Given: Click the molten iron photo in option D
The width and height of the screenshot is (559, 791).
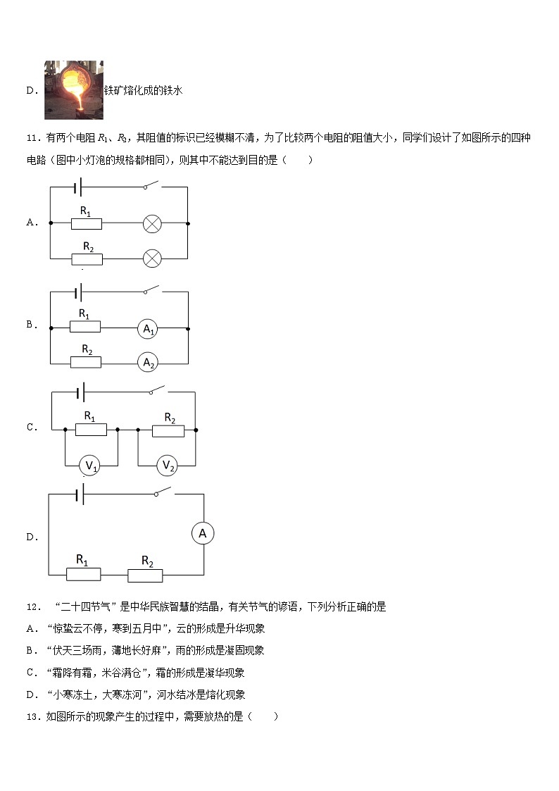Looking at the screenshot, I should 74,89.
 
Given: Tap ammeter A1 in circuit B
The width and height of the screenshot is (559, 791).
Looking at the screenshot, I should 147,328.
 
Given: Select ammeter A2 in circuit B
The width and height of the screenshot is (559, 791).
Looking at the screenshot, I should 147,362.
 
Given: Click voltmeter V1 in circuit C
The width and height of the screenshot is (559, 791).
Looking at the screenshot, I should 90,466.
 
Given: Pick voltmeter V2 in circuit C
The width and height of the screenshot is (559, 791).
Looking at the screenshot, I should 168,465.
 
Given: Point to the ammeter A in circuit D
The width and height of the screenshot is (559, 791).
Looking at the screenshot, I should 203,534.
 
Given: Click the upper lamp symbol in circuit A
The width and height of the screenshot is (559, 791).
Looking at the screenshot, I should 152,224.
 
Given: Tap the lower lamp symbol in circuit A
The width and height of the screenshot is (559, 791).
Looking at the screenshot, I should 152,259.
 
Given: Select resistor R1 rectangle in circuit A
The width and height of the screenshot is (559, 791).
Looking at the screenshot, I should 87,224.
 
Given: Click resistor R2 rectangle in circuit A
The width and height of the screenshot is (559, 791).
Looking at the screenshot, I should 87,259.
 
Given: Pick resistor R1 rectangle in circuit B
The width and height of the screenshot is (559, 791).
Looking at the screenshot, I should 85,327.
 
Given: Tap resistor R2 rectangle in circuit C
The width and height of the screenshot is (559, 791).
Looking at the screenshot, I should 168,430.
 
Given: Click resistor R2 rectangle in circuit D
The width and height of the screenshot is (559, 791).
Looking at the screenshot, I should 145,575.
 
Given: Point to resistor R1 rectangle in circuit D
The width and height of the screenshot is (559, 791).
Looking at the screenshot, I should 84,575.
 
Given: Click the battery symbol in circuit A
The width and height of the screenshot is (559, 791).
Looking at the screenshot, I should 78,187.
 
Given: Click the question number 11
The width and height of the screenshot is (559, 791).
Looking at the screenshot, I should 32,137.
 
